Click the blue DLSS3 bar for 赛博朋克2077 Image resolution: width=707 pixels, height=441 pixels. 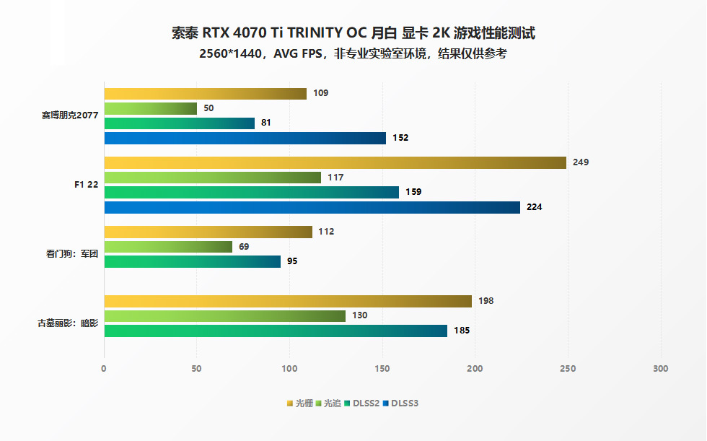pos(245,138)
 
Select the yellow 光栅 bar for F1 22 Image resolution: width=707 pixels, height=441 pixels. pos(335,162)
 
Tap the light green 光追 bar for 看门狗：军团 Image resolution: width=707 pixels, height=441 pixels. pos(168,247)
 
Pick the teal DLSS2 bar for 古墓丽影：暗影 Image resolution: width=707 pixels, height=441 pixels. pos(276,331)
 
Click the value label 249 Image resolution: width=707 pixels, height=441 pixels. pos(580,162)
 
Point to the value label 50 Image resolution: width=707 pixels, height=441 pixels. pos(208,108)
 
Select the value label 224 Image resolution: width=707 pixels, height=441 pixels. pos(534,207)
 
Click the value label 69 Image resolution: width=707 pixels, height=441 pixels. pos(244,247)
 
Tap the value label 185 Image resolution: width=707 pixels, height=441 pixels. pos(462,331)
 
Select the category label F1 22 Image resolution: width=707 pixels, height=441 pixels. pos(87,185)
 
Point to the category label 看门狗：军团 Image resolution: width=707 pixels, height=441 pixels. pos(71,254)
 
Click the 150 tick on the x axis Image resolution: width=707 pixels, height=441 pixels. pos(382,369)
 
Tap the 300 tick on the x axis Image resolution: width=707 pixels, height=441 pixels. pos(660,369)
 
